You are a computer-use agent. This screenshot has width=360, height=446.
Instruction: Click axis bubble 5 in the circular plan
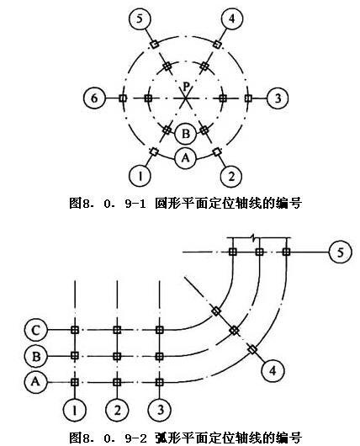tap(140, 19)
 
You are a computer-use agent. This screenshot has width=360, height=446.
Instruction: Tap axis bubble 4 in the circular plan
tap(232, 19)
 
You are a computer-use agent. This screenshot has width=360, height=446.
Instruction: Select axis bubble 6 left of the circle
tap(94, 98)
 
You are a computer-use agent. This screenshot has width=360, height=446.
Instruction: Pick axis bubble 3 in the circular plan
tap(278, 98)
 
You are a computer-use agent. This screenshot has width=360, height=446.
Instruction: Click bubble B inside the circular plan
tap(186, 134)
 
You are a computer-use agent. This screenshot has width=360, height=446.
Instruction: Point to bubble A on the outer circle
tap(186, 157)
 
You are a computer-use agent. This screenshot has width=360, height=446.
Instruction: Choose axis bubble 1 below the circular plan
tap(140, 177)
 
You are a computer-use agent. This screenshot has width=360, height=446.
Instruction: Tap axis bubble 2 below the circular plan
tap(232, 177)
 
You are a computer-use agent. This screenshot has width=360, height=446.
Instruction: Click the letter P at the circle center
tap(186, 86)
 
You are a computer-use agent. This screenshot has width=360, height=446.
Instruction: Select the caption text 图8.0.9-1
tap(108, 204)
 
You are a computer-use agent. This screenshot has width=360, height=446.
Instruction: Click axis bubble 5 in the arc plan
tap(340, 252)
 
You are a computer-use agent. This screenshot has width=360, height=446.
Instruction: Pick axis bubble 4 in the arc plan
tap(273, 370)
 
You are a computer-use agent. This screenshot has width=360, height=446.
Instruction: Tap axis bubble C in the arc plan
tap(36, 330)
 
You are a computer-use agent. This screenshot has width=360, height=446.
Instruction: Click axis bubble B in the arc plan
tap(36, 356)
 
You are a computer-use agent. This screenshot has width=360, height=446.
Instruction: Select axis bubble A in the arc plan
tap(36, 381)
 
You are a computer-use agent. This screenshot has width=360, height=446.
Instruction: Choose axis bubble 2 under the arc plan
tap(117, 410)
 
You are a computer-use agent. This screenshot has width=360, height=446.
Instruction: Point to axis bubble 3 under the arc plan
tap(160, 410)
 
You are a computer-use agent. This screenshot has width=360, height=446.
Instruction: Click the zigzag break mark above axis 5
tap(256, 237)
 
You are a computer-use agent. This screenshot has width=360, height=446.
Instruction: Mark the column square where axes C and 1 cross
tap(75, 330)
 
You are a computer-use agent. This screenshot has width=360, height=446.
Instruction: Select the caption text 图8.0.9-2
tap(108, 438)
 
